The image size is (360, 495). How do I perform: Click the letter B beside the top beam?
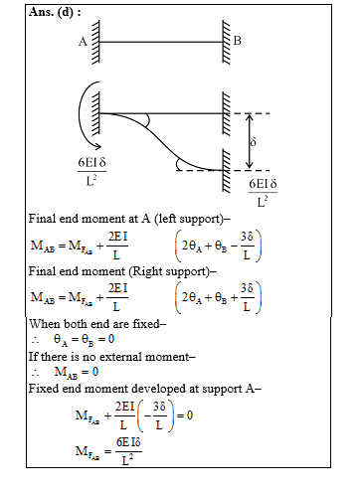pos(237,41)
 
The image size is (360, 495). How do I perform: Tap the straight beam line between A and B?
pos(159,41)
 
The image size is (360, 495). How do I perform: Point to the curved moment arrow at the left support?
pos(79,118)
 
